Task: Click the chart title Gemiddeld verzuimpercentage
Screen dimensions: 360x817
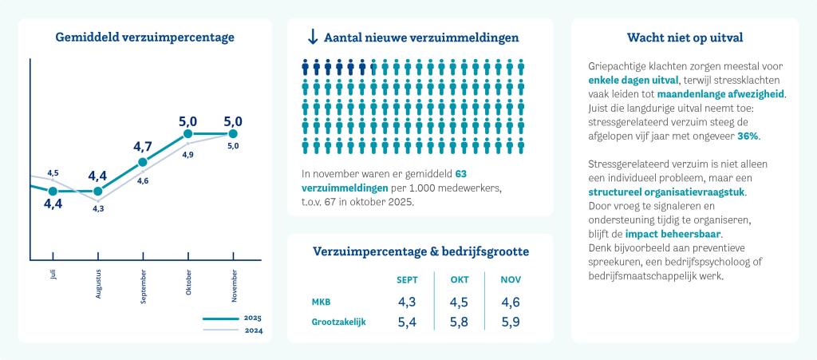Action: [x=144, y=38]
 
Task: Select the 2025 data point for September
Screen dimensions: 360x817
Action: [x=143, y=162]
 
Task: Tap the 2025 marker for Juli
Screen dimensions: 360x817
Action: [x=53, y=192]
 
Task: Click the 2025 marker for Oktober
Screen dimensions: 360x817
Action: [x=188, y=134]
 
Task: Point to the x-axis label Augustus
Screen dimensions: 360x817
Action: [x=98, y=283]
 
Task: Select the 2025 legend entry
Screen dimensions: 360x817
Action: [x=232, y=318]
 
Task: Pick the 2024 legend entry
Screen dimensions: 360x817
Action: [x=232, y=330]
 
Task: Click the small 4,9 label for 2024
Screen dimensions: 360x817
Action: [x=188, y=154]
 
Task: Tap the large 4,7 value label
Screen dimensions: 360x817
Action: [x=143, y=146]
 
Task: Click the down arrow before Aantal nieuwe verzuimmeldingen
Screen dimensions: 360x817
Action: [x=312, y=38]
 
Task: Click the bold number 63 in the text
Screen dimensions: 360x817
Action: [x=461, y=173]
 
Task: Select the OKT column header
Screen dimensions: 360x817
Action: [x=460, y=279]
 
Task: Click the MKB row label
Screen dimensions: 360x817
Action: [x=321, y=303]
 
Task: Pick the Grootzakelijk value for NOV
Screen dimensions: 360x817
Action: [x=511, y=322]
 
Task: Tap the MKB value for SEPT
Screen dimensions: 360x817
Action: [x=407, y=303]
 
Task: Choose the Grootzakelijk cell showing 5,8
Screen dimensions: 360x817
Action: [x=460, y=322]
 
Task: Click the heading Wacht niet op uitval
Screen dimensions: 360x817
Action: [x=685, y=38]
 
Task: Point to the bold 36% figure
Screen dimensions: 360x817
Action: [x=748, y=136]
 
